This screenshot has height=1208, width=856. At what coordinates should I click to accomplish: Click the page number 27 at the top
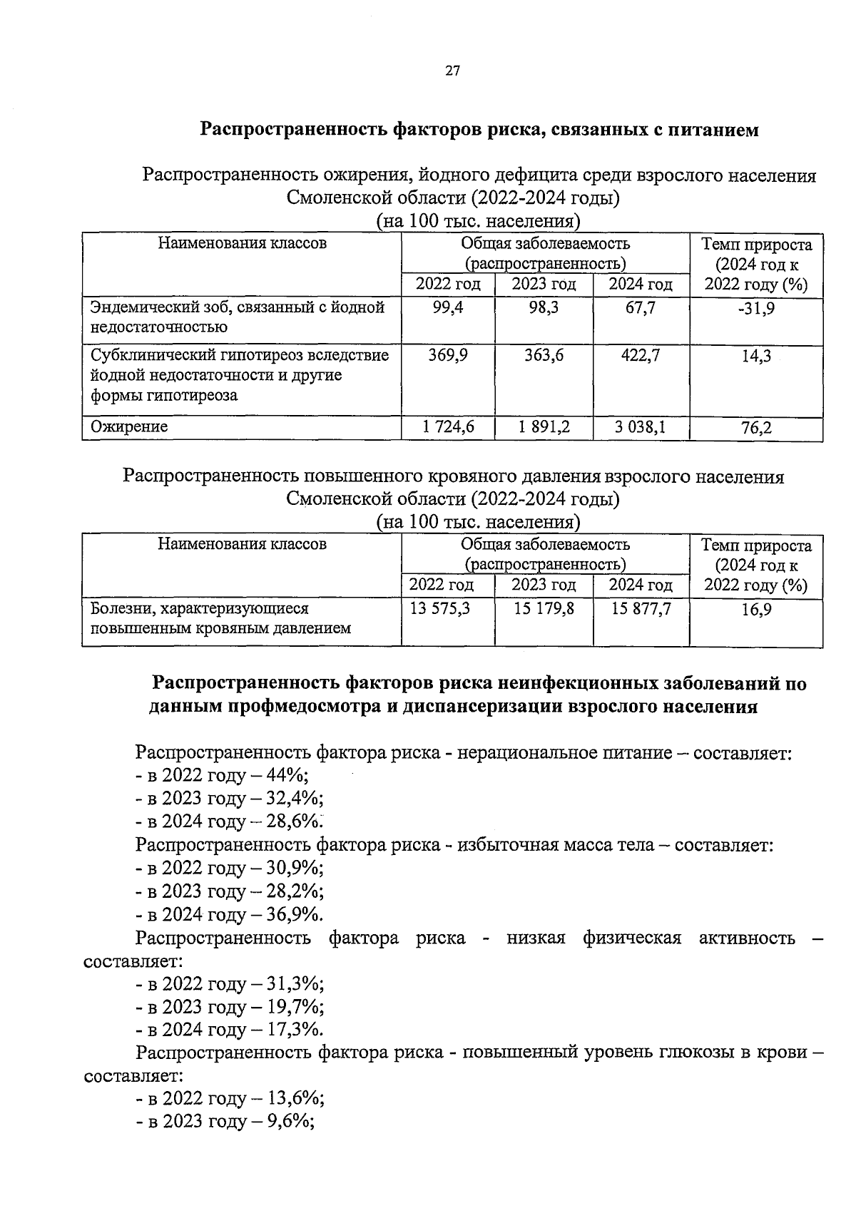(453, 70)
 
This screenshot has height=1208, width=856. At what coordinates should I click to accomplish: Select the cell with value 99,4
(448, 308)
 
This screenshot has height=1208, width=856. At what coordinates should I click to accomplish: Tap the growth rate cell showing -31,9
(756, 308)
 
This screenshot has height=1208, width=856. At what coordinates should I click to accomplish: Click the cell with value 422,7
(640, 354)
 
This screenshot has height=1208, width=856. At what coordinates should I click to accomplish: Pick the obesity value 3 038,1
(640, 427)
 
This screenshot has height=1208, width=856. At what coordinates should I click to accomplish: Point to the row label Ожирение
(129, 426)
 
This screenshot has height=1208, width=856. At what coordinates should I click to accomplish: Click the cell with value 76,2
(756, 428)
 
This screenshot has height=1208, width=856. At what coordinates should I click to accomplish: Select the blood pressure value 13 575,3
(440, 608)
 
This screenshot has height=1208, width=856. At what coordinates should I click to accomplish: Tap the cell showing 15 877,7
(641, 608)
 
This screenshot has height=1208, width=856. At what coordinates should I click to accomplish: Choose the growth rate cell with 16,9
(756, 609)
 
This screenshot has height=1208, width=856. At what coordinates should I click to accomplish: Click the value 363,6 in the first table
(544, 354)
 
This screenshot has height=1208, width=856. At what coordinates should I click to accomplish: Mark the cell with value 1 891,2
(544, 427)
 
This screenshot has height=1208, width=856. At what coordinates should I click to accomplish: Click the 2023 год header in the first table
(544, 284)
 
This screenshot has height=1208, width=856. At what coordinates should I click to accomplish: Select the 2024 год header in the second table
(641, 585)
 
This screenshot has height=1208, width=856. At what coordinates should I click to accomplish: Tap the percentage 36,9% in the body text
(294, 914)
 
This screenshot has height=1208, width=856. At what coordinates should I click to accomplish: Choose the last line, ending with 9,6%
(225, 1121)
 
